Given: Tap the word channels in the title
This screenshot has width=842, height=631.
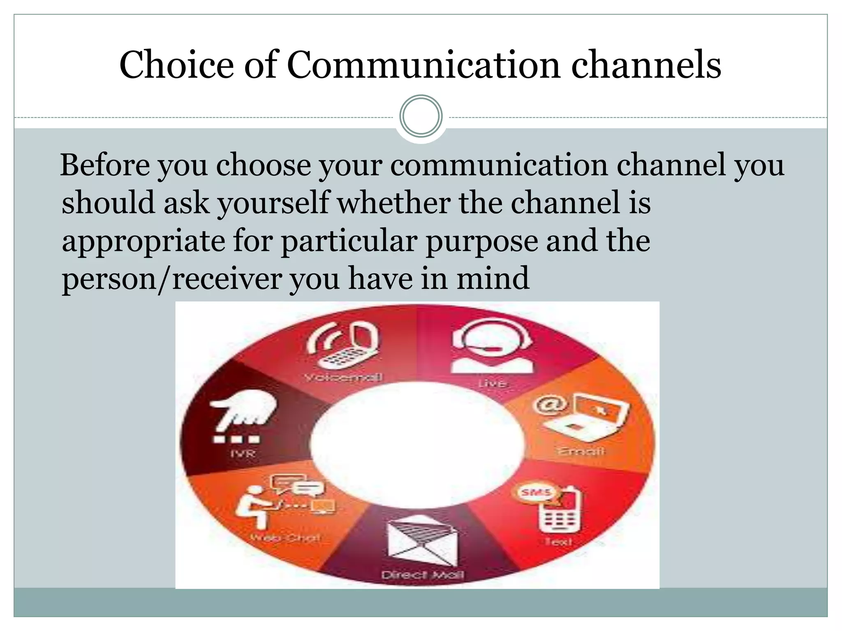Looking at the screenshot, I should pos(646,65).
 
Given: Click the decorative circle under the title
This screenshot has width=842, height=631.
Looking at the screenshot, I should pos(421,116).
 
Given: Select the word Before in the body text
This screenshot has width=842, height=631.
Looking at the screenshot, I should pos(105,165).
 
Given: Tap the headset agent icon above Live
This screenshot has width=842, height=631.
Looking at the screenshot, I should pos(491,347).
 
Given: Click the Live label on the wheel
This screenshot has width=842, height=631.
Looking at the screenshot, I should pos(492,384).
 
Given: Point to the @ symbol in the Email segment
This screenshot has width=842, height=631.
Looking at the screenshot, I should pos(550,405).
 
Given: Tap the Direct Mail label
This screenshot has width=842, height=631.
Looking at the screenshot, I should pos(422,574).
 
